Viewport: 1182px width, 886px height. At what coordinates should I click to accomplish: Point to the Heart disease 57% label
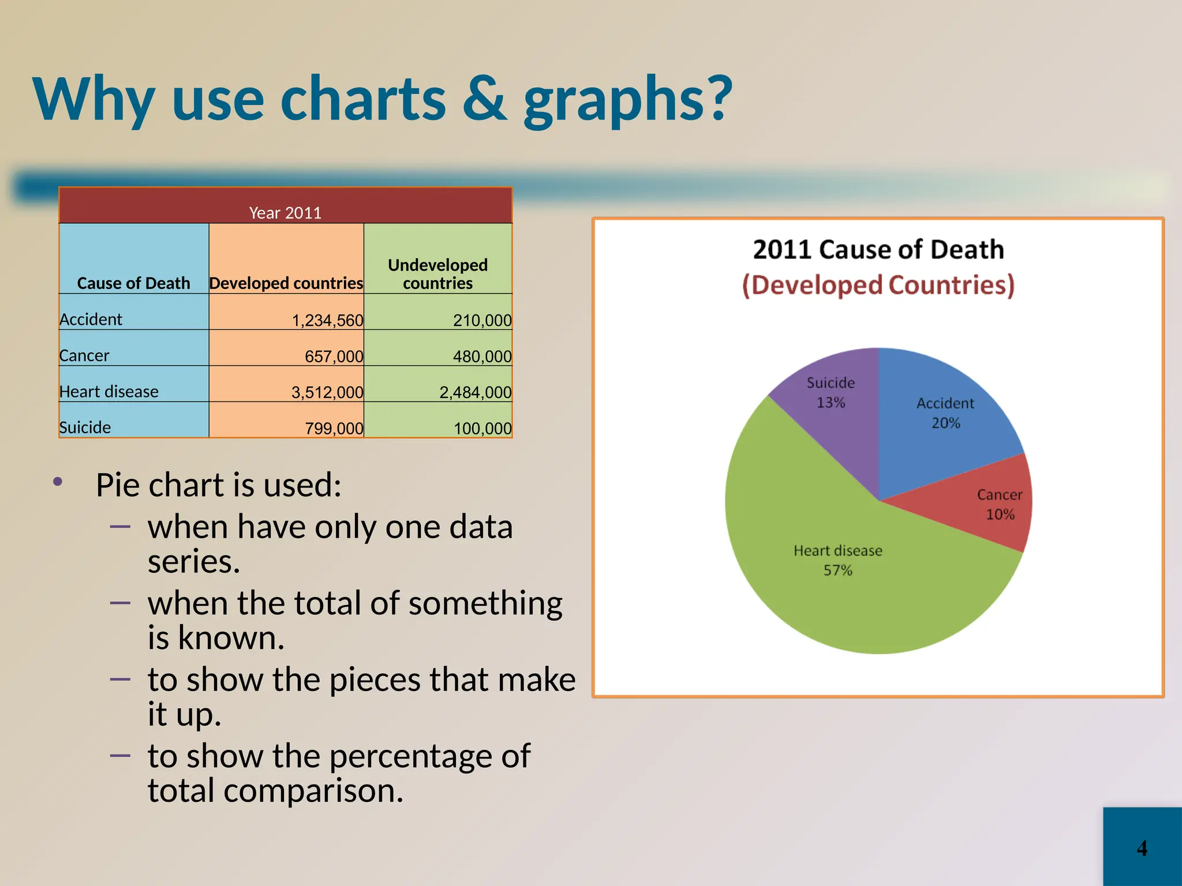(x=837, y=560)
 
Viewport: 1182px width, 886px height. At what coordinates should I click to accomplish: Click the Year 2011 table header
(x=285, y=212)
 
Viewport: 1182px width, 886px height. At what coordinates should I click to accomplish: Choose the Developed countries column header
(x=286, y=283)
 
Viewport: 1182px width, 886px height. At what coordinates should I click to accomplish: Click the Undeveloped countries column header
(x=437, y=273)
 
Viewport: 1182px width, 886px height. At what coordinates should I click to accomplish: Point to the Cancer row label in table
(x=84, y=355)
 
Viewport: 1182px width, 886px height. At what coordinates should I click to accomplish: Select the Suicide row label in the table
(x=85, y=427)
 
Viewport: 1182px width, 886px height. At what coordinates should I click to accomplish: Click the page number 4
(x=1142, y=848)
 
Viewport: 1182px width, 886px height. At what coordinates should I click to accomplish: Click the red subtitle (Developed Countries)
(x=878, y=285)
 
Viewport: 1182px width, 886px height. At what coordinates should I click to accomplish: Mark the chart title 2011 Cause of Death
(x=878, y=249)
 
